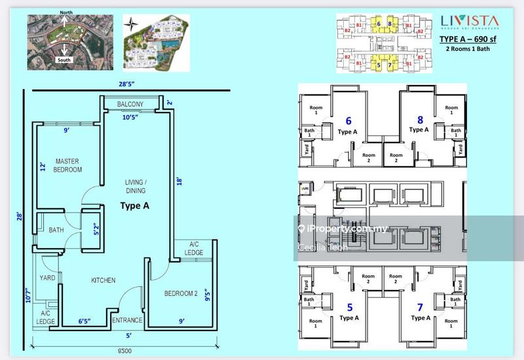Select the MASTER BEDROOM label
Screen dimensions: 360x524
point(68,165)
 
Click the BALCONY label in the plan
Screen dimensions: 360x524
point(130,105)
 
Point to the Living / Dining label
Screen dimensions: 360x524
point(136,187)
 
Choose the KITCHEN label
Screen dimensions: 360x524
point(103,280)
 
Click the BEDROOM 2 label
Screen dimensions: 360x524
point(181,293)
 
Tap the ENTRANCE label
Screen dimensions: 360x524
point(127,320)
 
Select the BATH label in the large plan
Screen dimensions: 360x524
point(56,230)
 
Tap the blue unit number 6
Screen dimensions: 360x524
point(348,121)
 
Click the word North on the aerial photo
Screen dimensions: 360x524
point(65,12)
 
